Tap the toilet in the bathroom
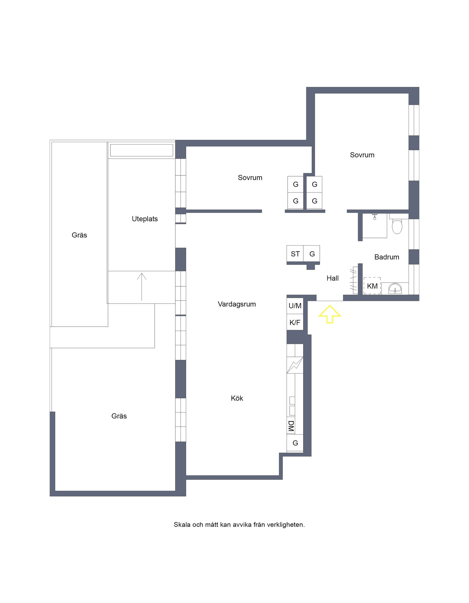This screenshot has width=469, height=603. [397, 226]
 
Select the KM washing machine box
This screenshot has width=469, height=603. [372, 286]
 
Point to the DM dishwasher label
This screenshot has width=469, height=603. [291, 426]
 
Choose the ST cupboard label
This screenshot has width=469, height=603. [295, 254]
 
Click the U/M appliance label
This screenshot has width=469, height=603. [295, 306]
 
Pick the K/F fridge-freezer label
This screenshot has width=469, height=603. [295, 323]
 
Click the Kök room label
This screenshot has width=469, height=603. [237, 398]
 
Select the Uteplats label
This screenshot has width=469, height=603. [145, 219]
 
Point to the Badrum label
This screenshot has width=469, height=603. [387, 257]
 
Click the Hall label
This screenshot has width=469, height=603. [332, 278]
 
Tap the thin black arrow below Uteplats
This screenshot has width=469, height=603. [142, 287]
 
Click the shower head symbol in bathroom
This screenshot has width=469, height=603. [375, 216]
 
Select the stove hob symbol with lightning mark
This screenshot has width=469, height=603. [295, 365]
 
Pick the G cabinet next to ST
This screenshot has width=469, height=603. [312, 253]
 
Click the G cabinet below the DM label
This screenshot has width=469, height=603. [295, 443]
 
